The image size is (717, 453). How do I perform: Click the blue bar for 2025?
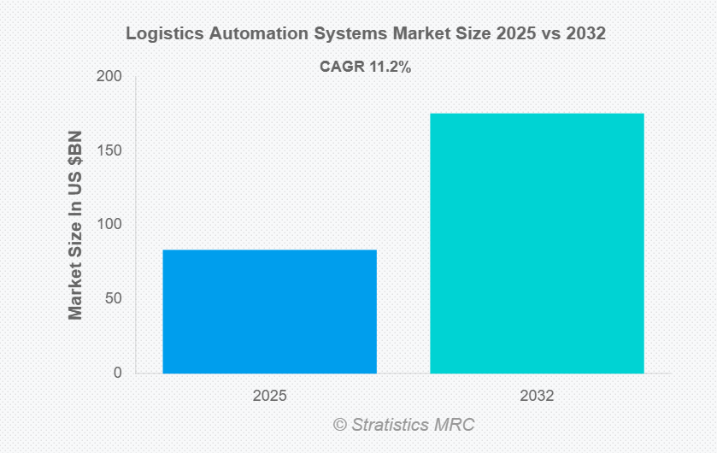269,311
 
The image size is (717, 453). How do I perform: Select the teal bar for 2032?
537,243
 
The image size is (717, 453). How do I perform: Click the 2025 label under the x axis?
269,397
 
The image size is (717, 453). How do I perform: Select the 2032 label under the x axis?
537,397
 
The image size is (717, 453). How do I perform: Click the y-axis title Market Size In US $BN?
76,226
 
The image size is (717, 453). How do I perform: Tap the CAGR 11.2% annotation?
365,67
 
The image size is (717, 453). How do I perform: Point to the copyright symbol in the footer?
340,425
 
